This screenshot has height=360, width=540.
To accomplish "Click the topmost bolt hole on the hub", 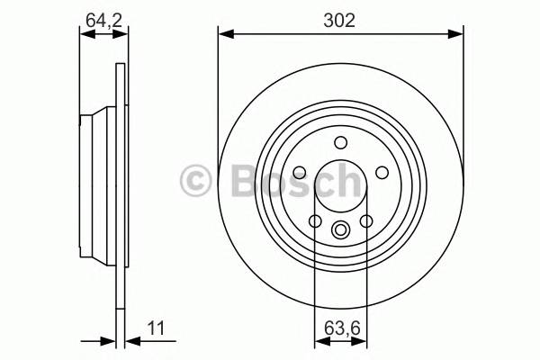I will [340, 142].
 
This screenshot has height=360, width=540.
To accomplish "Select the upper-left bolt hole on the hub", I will [299, 172].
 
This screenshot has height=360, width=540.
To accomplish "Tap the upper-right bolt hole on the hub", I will [382, 172].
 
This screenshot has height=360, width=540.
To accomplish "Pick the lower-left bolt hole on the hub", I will [315, 221].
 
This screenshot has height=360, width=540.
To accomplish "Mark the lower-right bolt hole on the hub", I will [366, 221].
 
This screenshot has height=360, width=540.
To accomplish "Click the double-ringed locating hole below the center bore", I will [340, 229].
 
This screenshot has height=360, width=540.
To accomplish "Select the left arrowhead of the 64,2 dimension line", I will [85, 35].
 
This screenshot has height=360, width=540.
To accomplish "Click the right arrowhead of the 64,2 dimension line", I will [120, 35].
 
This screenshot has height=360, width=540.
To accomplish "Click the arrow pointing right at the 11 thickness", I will [109, 341].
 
